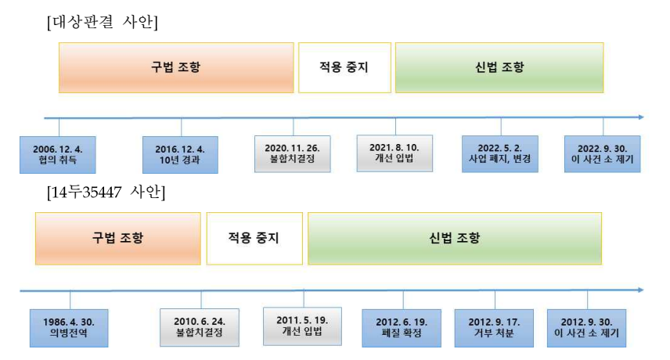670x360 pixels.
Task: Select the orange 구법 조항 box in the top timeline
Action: pyautogui.click(x=176, y=67)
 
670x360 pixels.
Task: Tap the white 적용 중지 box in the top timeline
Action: pyautogui.click(x=344, y=67)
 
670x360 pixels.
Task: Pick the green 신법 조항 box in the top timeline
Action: pyautogui.click(x=499, y=67)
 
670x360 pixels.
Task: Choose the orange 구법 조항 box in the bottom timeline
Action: pyautogui.click(x=117, y=238)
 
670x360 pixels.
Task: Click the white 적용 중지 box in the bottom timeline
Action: pyautogui.click(x=254, y=238)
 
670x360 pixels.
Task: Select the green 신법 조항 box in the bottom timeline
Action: pyautogui.click(x=455, y=238)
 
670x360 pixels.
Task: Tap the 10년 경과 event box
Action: pyautogui.click(x=180, y=154)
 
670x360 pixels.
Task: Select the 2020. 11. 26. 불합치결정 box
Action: pyautogui.click(x=293, y=154)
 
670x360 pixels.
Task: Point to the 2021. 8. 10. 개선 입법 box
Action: pyautogui.click(x=394, y=153)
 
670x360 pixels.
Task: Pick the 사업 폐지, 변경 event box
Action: pyautogui.click(x=499, y=154)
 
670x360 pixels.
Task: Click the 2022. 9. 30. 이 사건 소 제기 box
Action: pyautogui.click(x=603, y=154)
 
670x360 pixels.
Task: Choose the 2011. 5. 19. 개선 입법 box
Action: pyautogui.click(x=302, y=326)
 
